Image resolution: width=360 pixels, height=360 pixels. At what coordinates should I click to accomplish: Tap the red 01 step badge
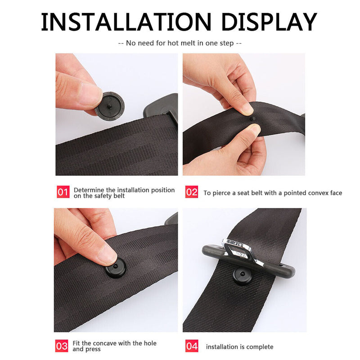[x=63, y=193]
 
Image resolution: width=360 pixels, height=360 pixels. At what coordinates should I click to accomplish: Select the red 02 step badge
[x=192, y=193]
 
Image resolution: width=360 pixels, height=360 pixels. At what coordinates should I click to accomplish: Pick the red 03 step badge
[x=62, y=346]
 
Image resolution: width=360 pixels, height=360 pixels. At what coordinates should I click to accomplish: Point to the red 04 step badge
[x=192, y=346]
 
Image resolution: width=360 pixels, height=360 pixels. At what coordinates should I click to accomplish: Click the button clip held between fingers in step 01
[x=109, y=105]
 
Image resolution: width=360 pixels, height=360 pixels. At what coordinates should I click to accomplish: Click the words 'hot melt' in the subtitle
[x=182, y=43]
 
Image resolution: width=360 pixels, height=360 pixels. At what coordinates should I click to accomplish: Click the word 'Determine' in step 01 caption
[x=89, y=190]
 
